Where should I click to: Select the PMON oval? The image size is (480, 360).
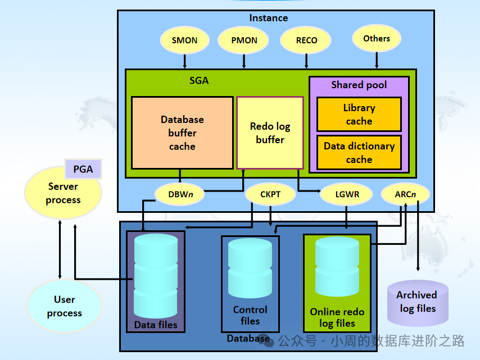pyautogui.click(x=244, y=40)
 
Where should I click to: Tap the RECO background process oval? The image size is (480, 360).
pyautogui.click(x=306, y=40)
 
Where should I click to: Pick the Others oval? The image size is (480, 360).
pyautogui.click(x=377, y=39)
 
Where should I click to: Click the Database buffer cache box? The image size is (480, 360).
pyautogui.click(x=182, y=133)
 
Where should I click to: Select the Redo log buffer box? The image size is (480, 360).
pyautogui.click(x=270, y=133)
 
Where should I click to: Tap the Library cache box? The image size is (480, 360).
pyautogui.click(x=359, y=115)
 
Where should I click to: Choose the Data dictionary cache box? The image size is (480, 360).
pyautogui.click(x=359, y=152)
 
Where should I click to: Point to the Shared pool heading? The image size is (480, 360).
pyautogui.click(x=359, y=85)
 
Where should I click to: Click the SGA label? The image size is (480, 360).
pyautogui.click(x=199, y=80)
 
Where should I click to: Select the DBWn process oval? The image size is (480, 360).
pyautogui.click(x=179, y=195)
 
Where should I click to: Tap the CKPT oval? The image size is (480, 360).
pyautogui.click(x=270, y=195)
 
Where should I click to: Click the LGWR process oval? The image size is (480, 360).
pyautogui.click(x=346, y=195)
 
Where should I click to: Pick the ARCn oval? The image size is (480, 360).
pyautogui.click(x=405, y=195)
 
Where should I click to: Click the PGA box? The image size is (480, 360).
pyautogui.click(x=83, y=168)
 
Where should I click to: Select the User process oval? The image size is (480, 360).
pyautogui.click(x=64, y=307)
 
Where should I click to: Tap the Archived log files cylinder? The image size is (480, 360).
pyautogui.click(x=418, y=303)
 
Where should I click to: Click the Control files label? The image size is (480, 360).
pyautogui.click(x=250, y=316)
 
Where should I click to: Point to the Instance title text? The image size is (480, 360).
pyautogui.click(x=269, y=18)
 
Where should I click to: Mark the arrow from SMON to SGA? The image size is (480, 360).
pyautogui.click(x=185, y=61)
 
